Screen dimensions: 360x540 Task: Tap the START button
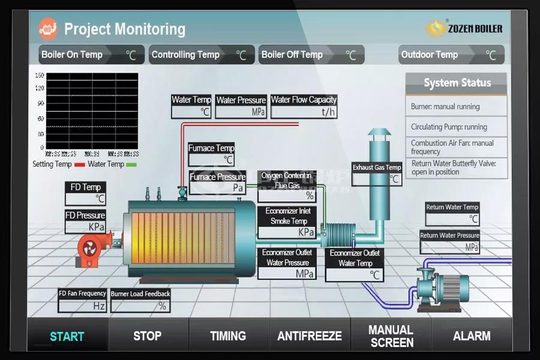click(67, 336)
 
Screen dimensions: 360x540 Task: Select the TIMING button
click(228, 336)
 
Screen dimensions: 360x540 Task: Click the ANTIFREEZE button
click(310, 336)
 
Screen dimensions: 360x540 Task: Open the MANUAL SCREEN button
click(391, 336)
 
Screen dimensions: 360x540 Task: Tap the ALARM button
click(472, 336)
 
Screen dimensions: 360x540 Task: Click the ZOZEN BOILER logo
click(464, 28)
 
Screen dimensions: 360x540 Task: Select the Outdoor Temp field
click(451, 55)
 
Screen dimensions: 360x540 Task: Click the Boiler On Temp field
click(91, 55)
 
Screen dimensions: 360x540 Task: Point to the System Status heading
click(457, 83)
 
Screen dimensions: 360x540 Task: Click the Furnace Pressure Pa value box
click(217, 187)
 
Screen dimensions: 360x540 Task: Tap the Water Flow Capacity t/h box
click(304, 112)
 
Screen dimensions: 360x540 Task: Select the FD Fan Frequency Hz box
click(83, 305)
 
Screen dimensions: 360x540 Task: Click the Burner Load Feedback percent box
click(140, 305)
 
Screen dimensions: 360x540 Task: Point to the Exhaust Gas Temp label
click(377, 167)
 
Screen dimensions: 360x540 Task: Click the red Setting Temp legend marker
click(79, 164)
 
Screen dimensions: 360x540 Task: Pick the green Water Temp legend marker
click(131, 164)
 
